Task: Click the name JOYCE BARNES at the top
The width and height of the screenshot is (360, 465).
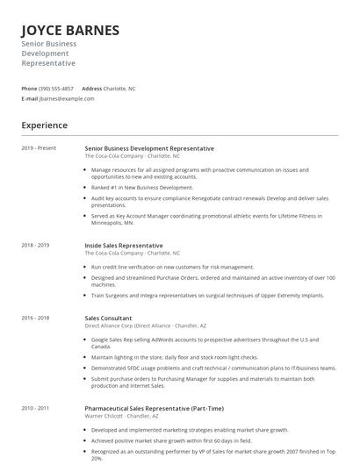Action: pyautogui.click(x=70, y=31)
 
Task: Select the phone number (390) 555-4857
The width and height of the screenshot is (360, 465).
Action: pyautogui.click(x=57, y=89)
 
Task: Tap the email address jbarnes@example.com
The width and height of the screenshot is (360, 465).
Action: pyautogui.click(x=67, y=98)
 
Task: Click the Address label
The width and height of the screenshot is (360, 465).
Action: pyautogui.click(x=91, y=89)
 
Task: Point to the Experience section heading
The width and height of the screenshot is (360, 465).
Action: pyautogui.click(x=44, y=125)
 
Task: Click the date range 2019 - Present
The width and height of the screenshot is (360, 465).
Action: pyautogui.click(x=39, y=148)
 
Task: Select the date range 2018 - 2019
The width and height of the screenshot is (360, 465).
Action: pyautogui.click(x=35, y=246)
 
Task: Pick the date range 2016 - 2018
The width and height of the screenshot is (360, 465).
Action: pyautogui.click(x=35, y=318)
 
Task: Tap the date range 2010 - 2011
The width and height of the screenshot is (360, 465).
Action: pyautogui.click(x=35, y=408)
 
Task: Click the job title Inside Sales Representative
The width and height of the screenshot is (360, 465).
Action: pyautogui.click(x=123, y=246)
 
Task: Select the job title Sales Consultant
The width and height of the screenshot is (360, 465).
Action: pyautogui.click(x=108, y=318)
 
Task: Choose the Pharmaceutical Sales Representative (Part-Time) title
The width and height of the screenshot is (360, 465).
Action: pyautogui.click(x=154, y=408)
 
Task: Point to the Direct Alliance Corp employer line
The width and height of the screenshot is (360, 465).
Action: pyautogui.click(x=145, y=325)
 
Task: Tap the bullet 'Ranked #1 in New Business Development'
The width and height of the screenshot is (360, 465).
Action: pyautogui.click(x=141, y=187)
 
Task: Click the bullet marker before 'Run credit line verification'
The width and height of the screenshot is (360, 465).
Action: pyautogui.click(x=86, y=266)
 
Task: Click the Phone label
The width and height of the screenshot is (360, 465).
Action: pyautogui.click(x=29, y=89)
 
